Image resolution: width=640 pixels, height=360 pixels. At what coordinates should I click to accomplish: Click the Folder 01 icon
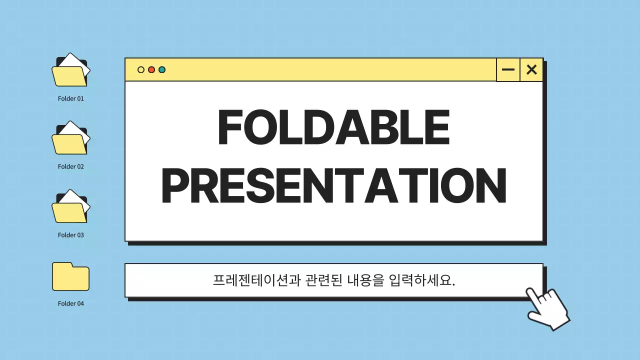70,71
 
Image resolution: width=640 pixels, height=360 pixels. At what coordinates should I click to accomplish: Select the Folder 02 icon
70,139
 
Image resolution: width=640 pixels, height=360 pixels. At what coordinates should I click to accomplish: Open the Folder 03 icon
70,207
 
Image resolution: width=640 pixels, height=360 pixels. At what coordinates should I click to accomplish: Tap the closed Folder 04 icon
70,276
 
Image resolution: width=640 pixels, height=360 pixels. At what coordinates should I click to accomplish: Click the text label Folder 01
70,98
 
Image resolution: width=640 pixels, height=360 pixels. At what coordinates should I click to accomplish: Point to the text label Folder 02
70,166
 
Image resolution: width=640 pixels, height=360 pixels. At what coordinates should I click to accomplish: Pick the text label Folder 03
70,235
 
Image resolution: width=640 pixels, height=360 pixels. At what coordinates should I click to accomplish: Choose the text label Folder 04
70,303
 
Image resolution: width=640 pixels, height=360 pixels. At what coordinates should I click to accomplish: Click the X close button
531,70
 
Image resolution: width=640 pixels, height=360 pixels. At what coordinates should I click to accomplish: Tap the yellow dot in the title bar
141,70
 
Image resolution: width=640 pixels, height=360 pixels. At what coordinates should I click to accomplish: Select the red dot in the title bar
151,70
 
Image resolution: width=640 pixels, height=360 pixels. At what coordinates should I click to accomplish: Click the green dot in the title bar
162,70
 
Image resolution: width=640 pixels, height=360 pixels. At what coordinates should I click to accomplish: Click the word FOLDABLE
334,128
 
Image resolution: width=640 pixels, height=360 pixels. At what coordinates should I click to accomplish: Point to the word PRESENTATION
334,186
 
